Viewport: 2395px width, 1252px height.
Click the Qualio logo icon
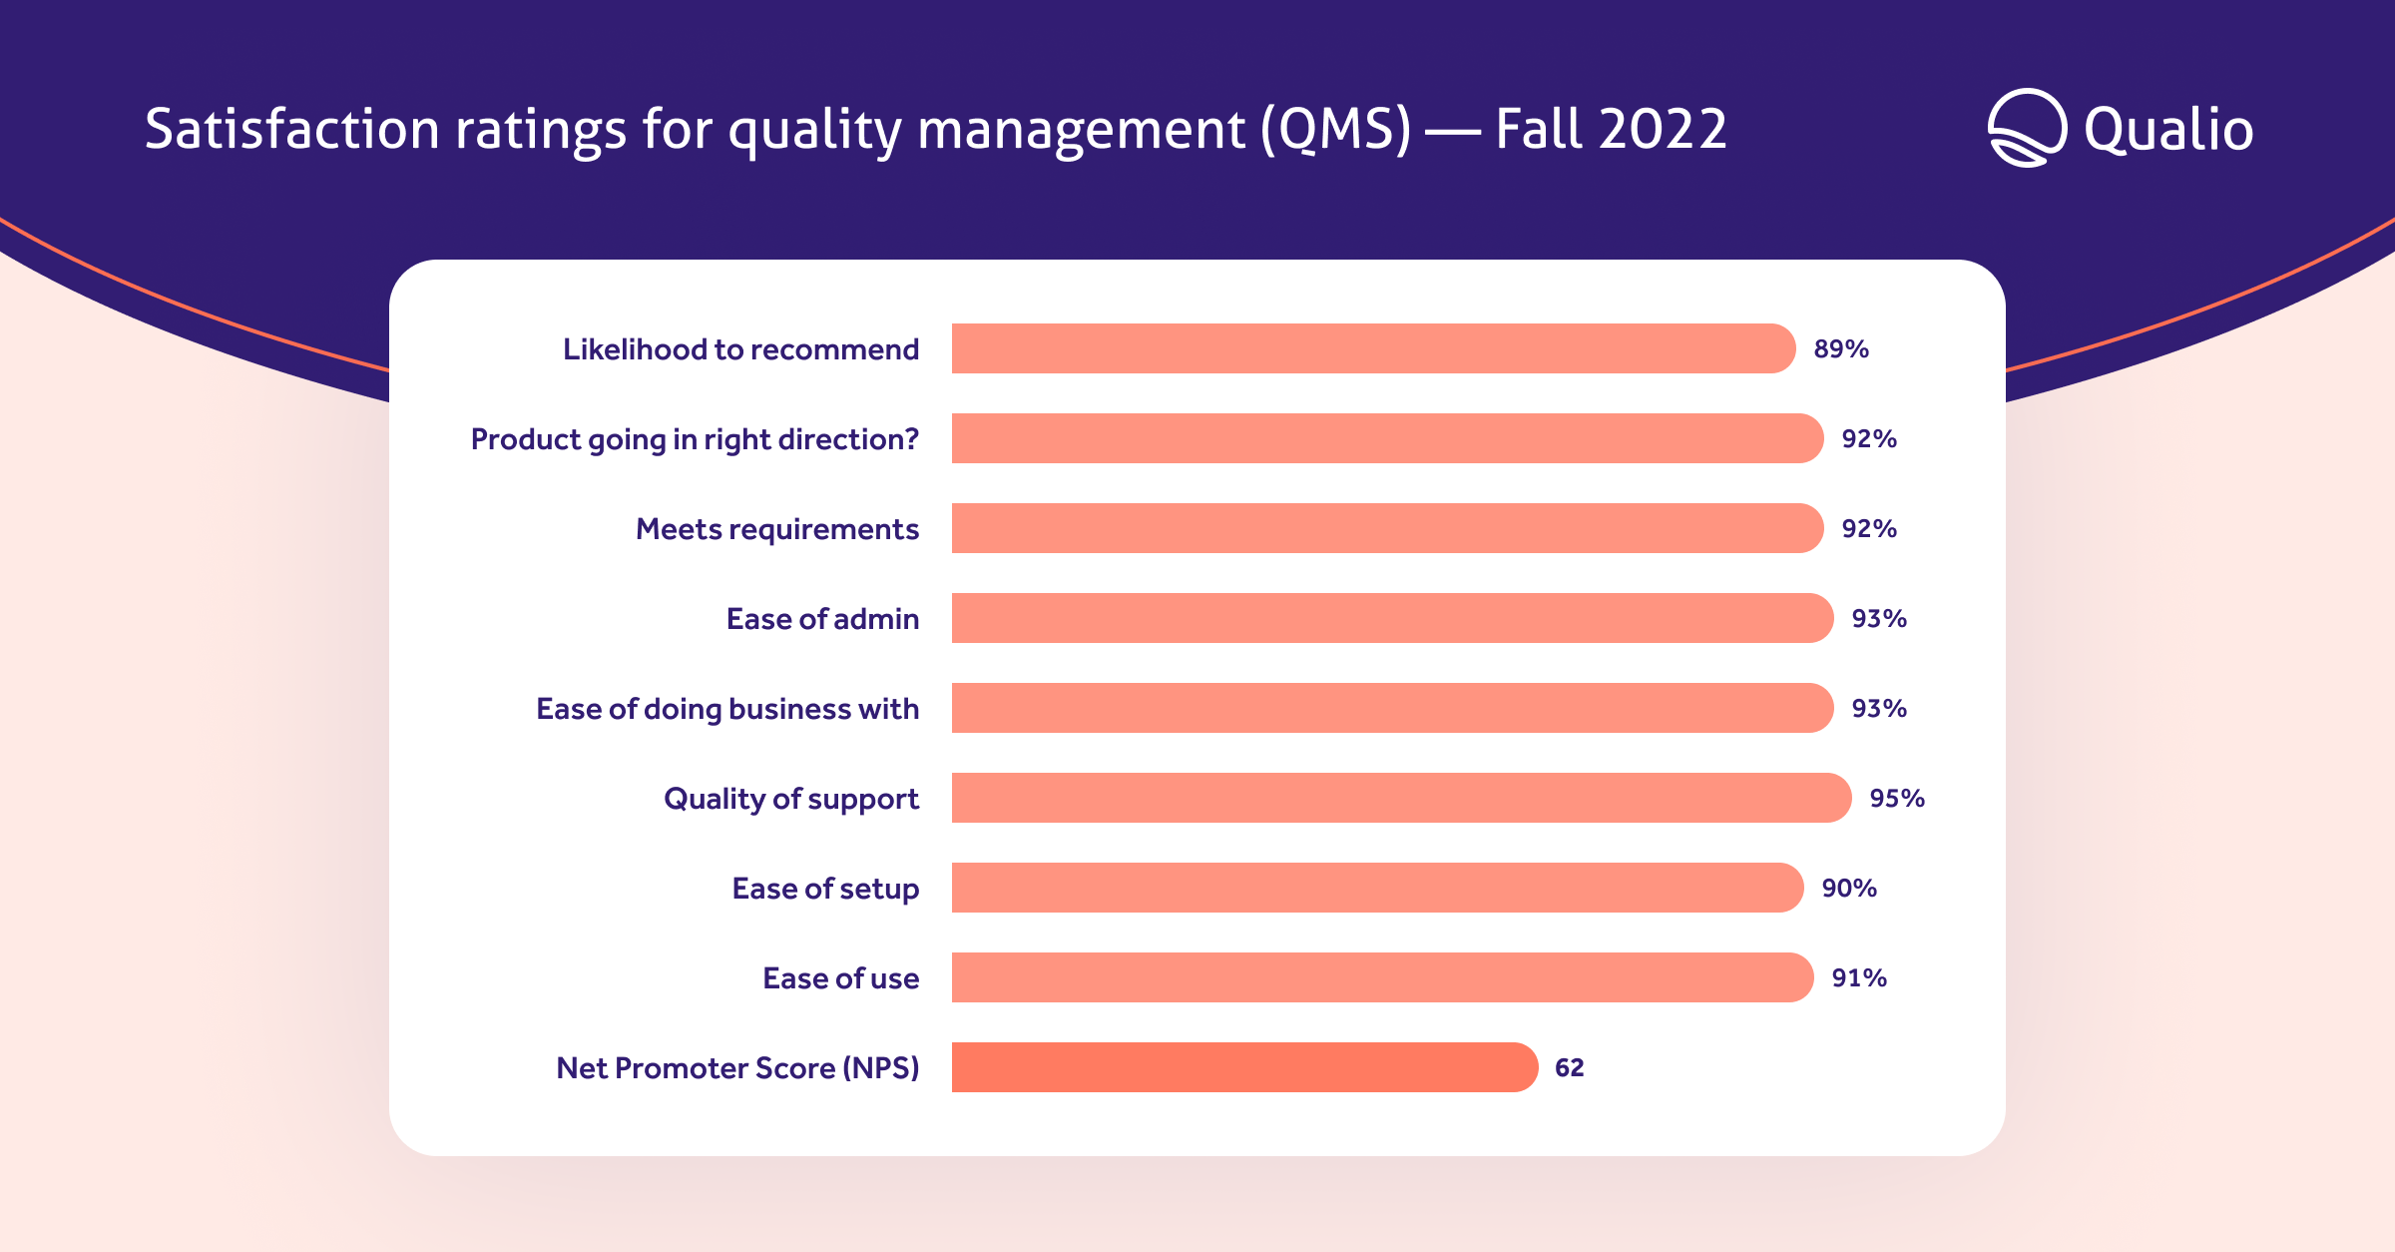(x=2027, y=128)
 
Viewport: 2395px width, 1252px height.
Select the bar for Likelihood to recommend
(x=1373, y=348)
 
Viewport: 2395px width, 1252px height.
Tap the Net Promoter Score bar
(x=1244, y=1067)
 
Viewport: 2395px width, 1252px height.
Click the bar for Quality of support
(x=1401, y=798)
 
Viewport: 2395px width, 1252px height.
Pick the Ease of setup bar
(x=1377, y=888)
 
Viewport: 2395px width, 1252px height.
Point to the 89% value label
(x=1841, y=349)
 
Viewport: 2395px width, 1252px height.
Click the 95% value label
(x=1897, y=799)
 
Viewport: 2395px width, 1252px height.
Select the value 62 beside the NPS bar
(x=1570, y=1068)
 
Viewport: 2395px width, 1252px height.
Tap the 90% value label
(x=1849, y=889)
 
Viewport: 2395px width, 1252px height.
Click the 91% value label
(x=1859, y=978)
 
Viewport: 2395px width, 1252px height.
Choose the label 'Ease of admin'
(x=822, y=619)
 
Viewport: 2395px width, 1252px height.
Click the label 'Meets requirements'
(x=777, y=529)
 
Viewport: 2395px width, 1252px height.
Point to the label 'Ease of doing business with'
(x=727, y=709)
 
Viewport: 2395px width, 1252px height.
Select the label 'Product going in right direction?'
(x=695, y=439)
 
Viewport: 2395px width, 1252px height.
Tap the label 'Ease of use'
(x=841, y=978)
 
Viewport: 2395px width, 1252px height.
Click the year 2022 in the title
(x=1663, y=130)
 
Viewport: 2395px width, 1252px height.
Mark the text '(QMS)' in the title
(x=1336, y=130)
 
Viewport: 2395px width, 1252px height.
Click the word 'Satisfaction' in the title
(x=291, y=130)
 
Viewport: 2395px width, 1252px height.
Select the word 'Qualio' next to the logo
(x=2168, y=131)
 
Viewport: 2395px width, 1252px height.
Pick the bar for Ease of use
(x=1382, y=977)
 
